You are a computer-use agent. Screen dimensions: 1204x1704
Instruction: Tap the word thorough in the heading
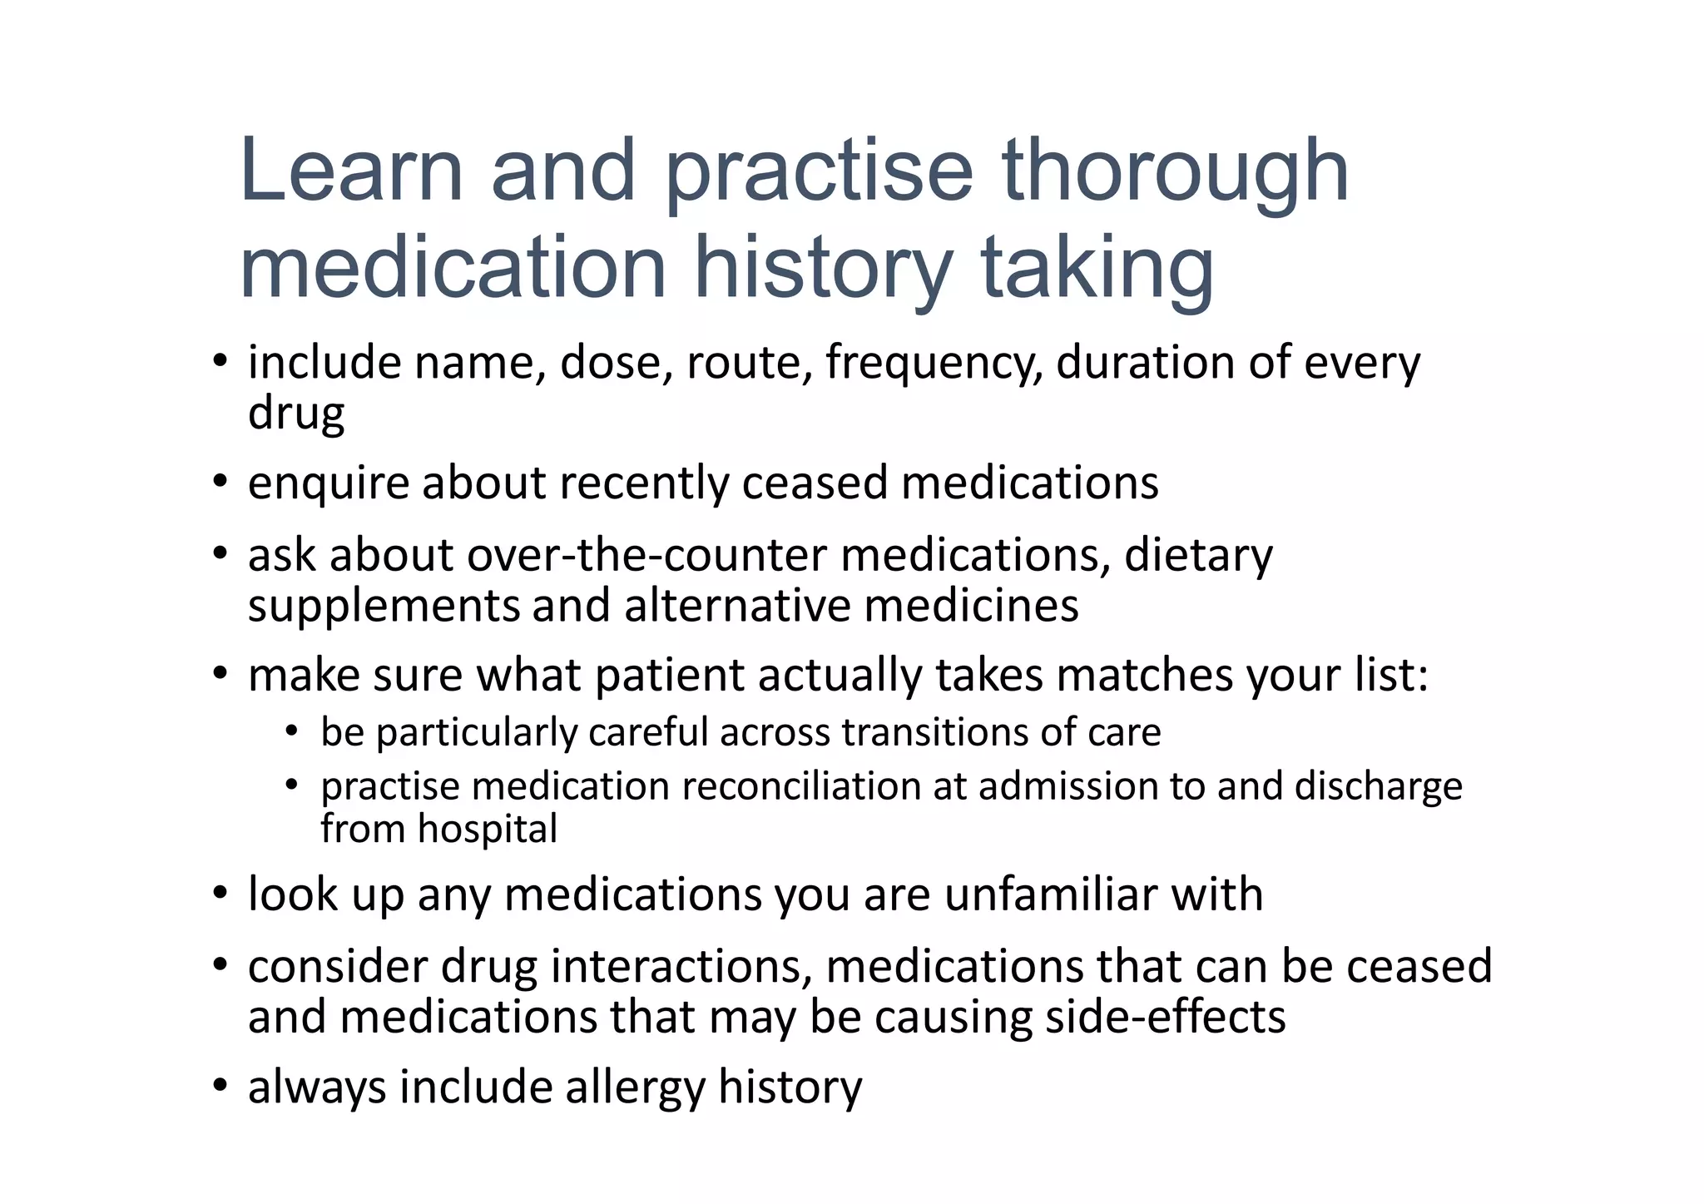1175,172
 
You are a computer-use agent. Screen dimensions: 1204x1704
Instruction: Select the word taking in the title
1097,269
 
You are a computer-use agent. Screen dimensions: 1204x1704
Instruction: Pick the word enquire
329,483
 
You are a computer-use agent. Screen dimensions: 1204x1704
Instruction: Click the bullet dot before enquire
219,482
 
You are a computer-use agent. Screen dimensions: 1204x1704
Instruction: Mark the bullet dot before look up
219,894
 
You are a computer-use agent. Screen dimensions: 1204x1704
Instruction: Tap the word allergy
635,1088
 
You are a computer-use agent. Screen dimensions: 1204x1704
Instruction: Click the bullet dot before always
219,1086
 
